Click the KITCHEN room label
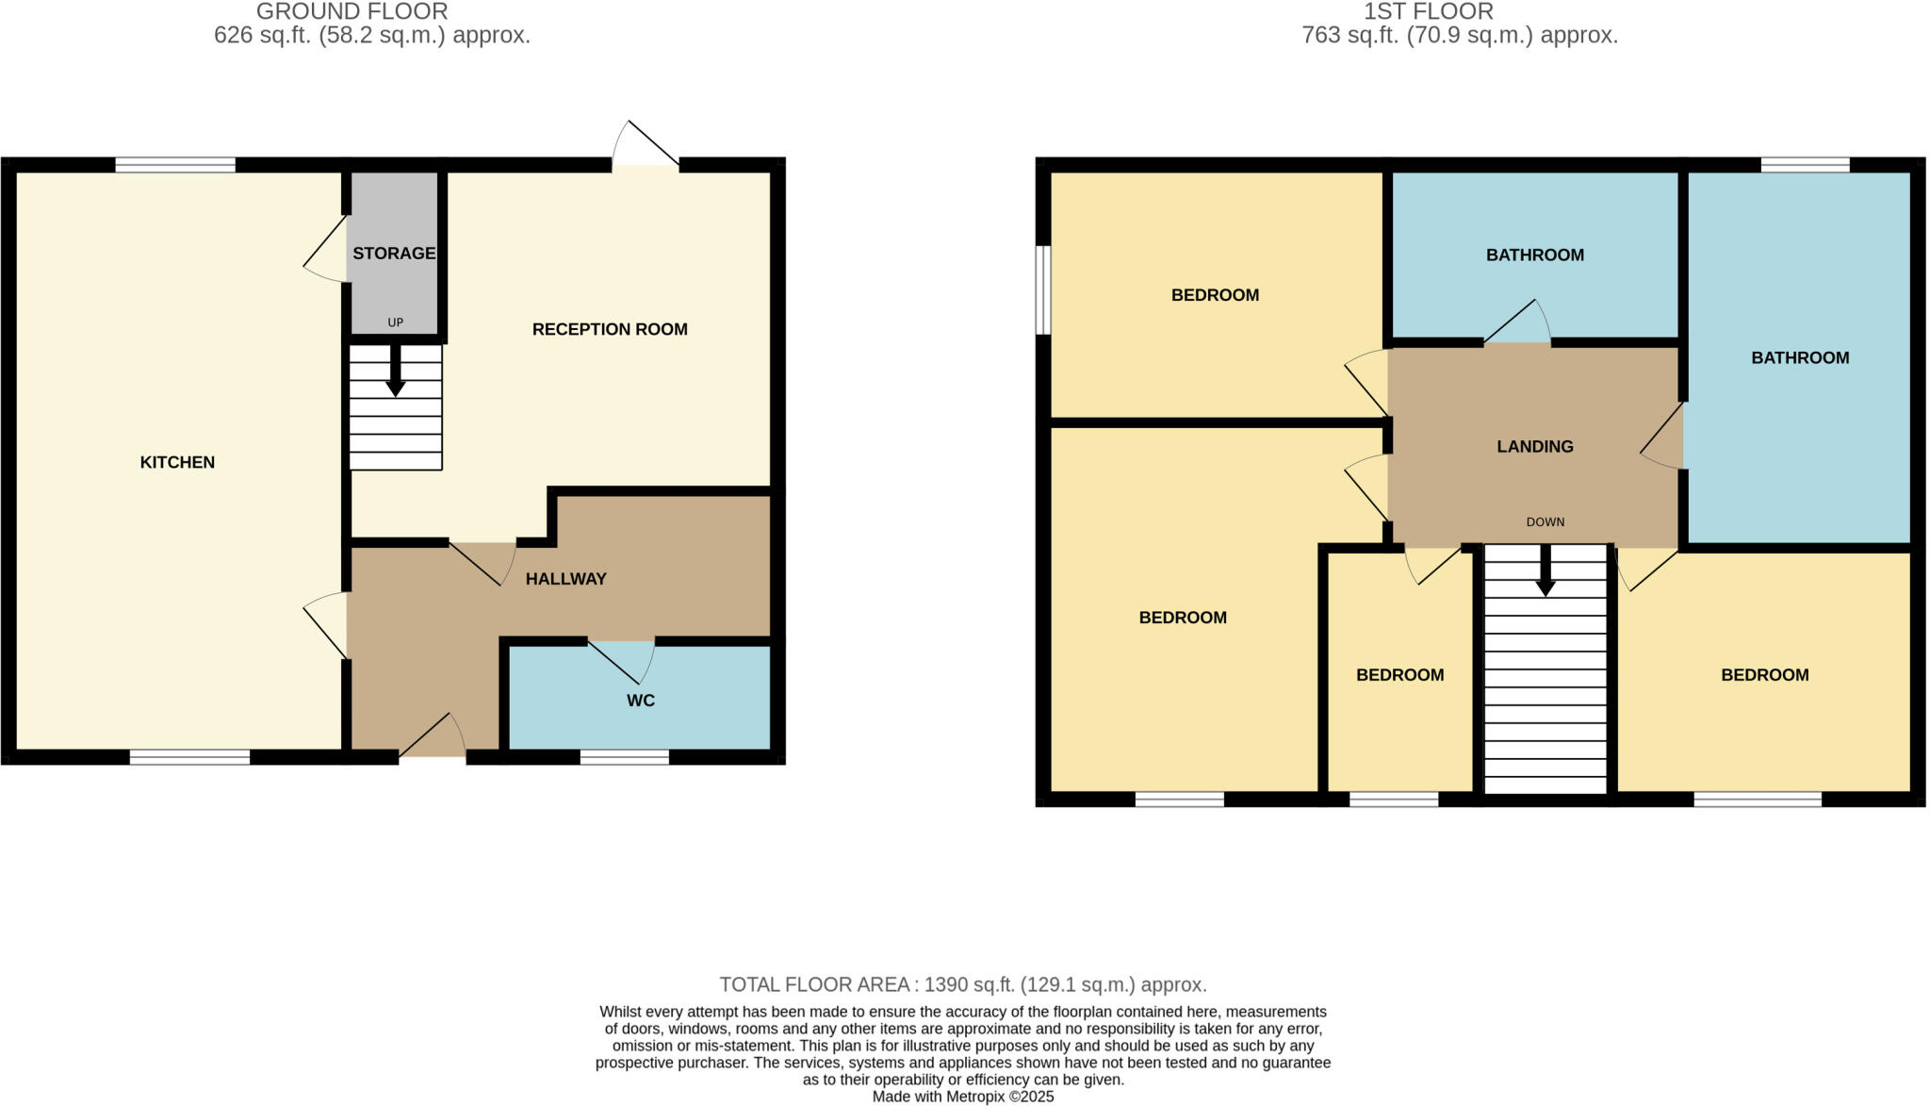[x=177, y=462]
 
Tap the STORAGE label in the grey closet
[x=394, y=253]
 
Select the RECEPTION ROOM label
[x=610, y=329]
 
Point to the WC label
[x=641, y=701]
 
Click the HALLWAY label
[x=565, y=579]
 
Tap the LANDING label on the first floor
[x=1535, y=446]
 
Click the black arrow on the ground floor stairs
[x=396, y=371]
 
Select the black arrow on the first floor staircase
[x=1546, y=571]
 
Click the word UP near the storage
[x=395, y=322]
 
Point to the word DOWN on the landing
[x=1546, y=521]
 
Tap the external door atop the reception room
[x=646, y=146]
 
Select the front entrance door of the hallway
[x=433, y=738]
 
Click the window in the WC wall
[x=624, y=756]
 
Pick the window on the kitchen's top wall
[x=175, y=165]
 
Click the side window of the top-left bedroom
[x=1042, y=289]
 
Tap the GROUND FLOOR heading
[x=352, y=11]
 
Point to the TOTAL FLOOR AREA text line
[x=962, y=984]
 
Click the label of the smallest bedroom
[x=1399, y=675]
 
